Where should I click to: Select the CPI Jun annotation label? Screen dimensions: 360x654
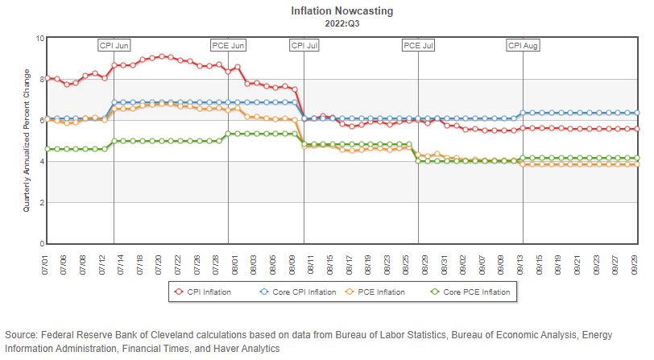(114, 45)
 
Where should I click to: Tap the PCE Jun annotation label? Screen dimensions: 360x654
(228, 45)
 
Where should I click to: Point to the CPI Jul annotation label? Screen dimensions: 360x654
(304, 45)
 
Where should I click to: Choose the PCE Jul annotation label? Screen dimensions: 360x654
(418, 45)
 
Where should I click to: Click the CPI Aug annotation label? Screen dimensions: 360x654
(523, 45)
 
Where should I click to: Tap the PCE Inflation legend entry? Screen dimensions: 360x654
(379, 292)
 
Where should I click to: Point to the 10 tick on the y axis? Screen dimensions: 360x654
(39, 38)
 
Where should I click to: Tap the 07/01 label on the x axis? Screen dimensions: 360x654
(49, 262)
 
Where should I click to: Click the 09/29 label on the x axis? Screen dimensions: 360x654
(637, 262)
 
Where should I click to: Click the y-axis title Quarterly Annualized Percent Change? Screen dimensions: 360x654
(27, 141)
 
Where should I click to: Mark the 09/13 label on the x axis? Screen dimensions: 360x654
(523, 262)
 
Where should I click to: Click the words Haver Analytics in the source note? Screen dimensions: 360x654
(245, 349)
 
